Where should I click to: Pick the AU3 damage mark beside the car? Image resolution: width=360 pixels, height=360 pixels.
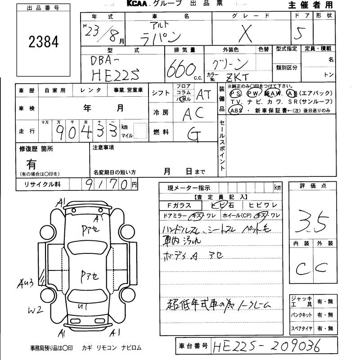click(x=26, y=283)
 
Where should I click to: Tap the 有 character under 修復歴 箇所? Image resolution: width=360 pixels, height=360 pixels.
click(x=32, y=164)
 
